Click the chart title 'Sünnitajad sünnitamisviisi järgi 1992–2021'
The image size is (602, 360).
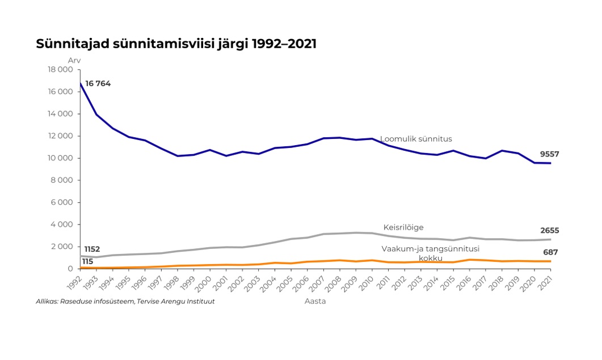[x=176, y=44]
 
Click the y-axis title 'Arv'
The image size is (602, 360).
[x=74, y=60]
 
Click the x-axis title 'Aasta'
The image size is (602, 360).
[x=315, y=301]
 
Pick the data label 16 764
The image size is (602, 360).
[x=98, y=84]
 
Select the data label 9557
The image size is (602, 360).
[x=550, y=154]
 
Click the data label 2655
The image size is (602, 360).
[x=549, y=230]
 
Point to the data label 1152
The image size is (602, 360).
[x=92, y=249]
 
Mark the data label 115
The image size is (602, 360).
[x=87, y=261]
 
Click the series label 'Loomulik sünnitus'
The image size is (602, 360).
[x=416, y=139]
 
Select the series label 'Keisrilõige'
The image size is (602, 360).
[x=403, y=227]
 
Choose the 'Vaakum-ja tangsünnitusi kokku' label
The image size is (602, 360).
[x=430, y=253]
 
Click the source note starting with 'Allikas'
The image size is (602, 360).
[x=125, y=301]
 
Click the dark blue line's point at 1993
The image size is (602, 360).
[x=96, y=115]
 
